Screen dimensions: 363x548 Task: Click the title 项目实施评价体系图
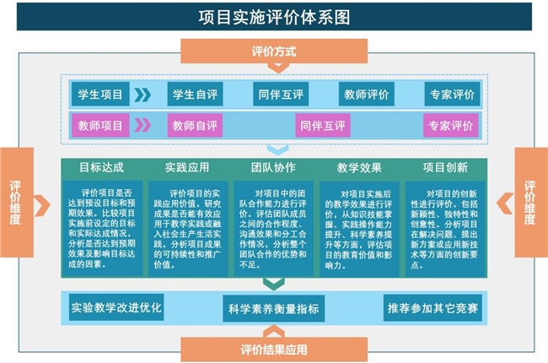pyautogui.click(x=274, y=17)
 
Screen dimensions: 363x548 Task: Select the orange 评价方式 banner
pyautogui.click(x=274, y=51)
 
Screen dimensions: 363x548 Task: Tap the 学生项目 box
pyautogui.click(x=100, y=94)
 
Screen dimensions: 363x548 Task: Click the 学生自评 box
pyautogui.click(x=195, y=94)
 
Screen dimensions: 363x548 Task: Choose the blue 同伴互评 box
pyautogui.click(x=281, y=94)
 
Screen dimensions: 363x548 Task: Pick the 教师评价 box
pyautogui.click(x=366, y=94)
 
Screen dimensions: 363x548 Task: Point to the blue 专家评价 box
pyautogui.click(x=452, y=94)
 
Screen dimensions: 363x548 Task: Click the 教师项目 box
pyautogui.click(x=100, y=126)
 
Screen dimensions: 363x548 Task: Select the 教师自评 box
pyautogui.click(x=195, y=126)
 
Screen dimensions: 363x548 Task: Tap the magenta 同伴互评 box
pyautogui.click(x=323, y=126)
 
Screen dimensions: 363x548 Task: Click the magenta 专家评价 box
pyautogui.click(x=450, y=126)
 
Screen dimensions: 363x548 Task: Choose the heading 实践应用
pyautogui.click(x=187, y=167)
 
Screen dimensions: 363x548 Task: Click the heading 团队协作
pyautogui.click(x=273, y=167)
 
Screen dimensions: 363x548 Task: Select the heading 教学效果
pyautogui.click(x=359, y=167)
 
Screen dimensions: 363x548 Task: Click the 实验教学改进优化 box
pyautogui.click(x=116, y=307)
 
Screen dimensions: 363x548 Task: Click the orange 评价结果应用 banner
pyautogui.click(x=274, y=349)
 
